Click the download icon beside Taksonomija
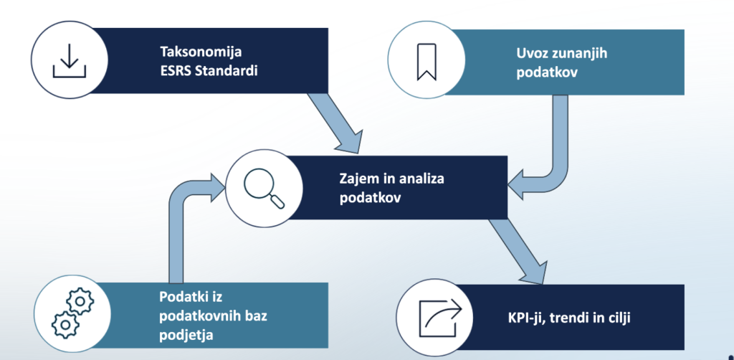[x=70, y=60]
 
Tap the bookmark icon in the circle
[x=426, y=62]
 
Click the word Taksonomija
[x=201, y=52]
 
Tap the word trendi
[x=564, y=319]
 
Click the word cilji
[x=617, y=319]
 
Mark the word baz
[x=256, y=316]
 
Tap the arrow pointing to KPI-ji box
[x=517, y=252]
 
